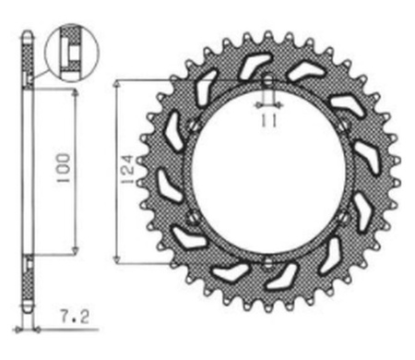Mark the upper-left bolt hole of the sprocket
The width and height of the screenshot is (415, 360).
190,126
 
